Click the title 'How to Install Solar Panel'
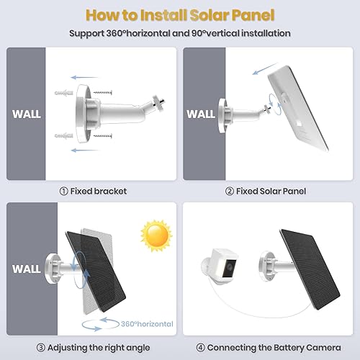pyautogui.click(x=180, y=14)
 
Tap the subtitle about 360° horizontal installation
pyautogui.click(x=180, y=33)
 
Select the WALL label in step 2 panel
pyautogui.click(x=201, y=114)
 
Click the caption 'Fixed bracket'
pyautogui.click(x=94, y=191)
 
